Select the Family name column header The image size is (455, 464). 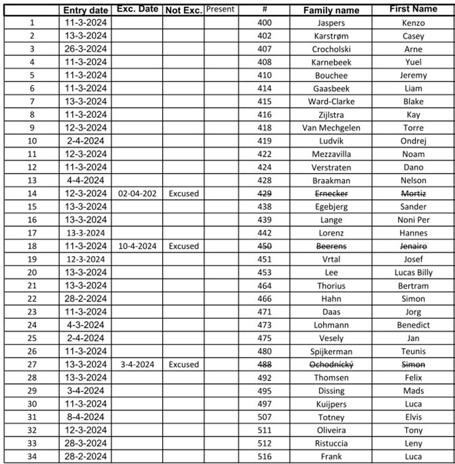[x=331, y=10]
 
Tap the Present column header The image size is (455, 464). [x=220, y=9]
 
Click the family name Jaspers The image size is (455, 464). [x=331, y=23]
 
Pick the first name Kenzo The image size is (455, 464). [x=413, y=23]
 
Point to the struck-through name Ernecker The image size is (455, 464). [x=331, y=194]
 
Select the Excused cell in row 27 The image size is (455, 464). [x=183, y=364]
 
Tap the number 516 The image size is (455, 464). [x=264, y=457]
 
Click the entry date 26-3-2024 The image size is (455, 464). [x=85, y=49]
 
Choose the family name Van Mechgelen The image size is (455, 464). [x=331, y=128]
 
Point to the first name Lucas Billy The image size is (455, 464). [x=413, y=272]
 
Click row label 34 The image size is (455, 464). [x=32, y=457]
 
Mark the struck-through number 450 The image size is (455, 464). [x=264, y=246]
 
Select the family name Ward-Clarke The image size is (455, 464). [x=331, y=101]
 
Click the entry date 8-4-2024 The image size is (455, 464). [x=85, y=417]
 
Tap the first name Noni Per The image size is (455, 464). [x=413, y=220]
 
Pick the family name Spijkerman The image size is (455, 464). [x=331, y=351]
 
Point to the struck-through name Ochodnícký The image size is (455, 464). [x=331, y=364]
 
